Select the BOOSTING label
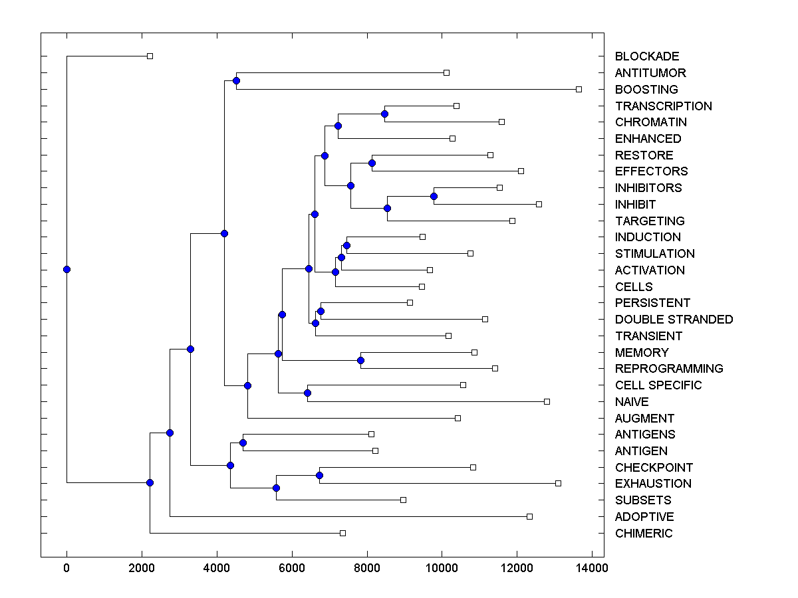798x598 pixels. point(646,89)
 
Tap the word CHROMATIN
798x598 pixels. point(651,122)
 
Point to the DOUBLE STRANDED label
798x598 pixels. point(674,320)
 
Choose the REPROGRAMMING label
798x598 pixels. point(669,369)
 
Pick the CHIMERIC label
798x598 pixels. point(644,534)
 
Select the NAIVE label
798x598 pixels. point(632,402)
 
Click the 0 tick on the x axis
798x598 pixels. point(66,567)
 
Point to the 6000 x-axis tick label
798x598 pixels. point(291,567)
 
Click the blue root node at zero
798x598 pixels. point(66,269)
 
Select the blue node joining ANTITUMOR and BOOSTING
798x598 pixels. point(236,80)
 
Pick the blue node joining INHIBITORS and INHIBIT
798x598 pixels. point(434,196)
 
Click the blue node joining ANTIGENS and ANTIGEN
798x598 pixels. point(243,443)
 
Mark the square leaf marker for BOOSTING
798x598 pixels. point(579,89)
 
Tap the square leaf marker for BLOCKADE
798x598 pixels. point(150,56)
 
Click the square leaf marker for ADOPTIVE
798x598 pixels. point(529,516)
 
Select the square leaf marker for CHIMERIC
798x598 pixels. point(342,533)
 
